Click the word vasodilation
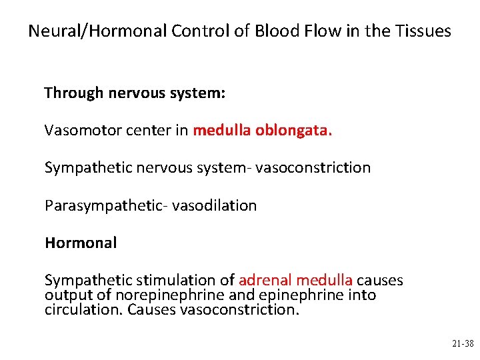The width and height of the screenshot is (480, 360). (214, 206)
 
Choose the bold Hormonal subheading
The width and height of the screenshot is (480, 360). (81, 243)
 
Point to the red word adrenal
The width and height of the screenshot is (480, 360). (265, 281)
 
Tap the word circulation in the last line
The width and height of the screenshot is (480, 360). (83, 310)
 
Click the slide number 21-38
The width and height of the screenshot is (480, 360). (463, 344)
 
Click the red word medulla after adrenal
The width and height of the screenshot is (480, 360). (325, 281)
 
